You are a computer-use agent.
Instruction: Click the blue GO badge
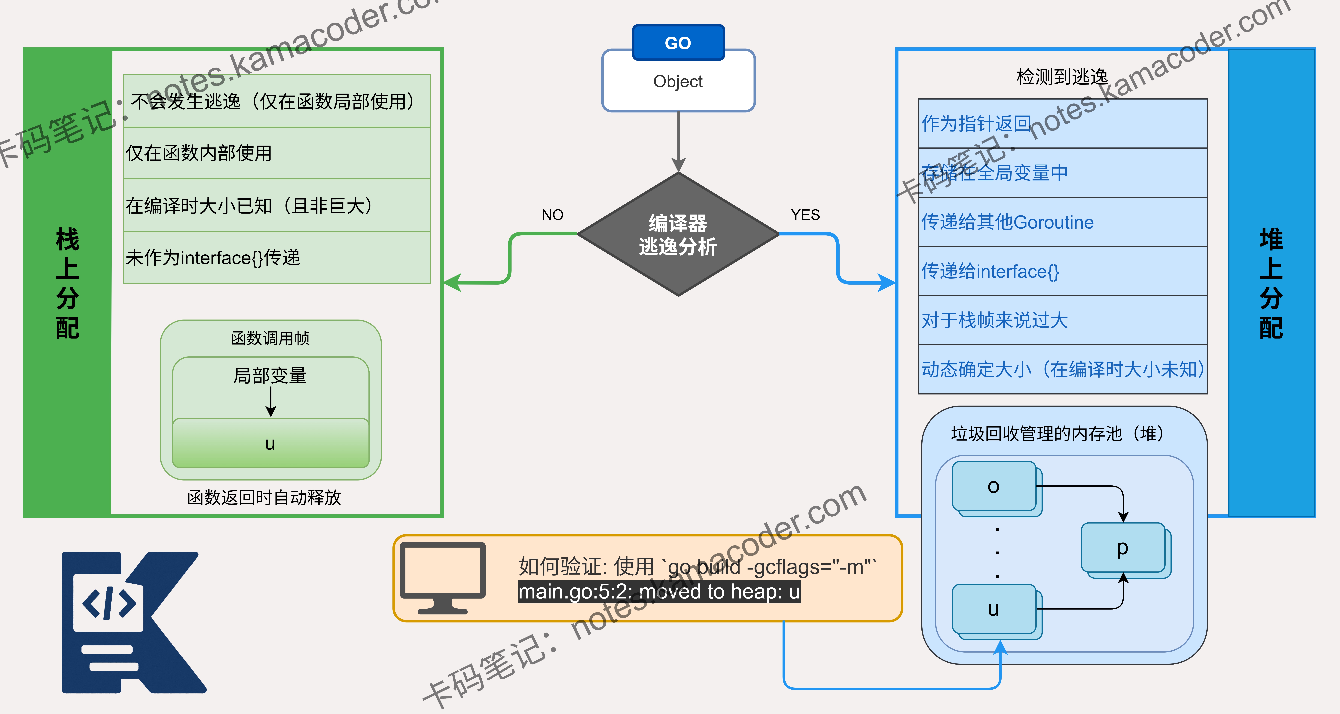click(x=678, y=42)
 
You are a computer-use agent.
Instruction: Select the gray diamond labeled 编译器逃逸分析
click(x=678, y=234)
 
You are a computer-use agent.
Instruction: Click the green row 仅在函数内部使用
click(x=277, y=153)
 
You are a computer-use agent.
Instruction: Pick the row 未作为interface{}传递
click(x=277, y=258)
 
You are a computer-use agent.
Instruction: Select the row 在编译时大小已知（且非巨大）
click(x=277, y=206)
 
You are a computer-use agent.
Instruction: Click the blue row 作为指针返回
click(x=1063, y=123)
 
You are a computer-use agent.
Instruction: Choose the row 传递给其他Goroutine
click(x=1063, y=222)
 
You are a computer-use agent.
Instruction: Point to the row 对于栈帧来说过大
click(x=1063, y=320)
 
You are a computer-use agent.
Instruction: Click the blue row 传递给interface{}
click(x=1063, y=271)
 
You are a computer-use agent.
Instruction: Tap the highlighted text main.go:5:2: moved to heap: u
click(x=659, y=592)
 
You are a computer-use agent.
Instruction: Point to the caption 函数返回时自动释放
click(x=264, y=498)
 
